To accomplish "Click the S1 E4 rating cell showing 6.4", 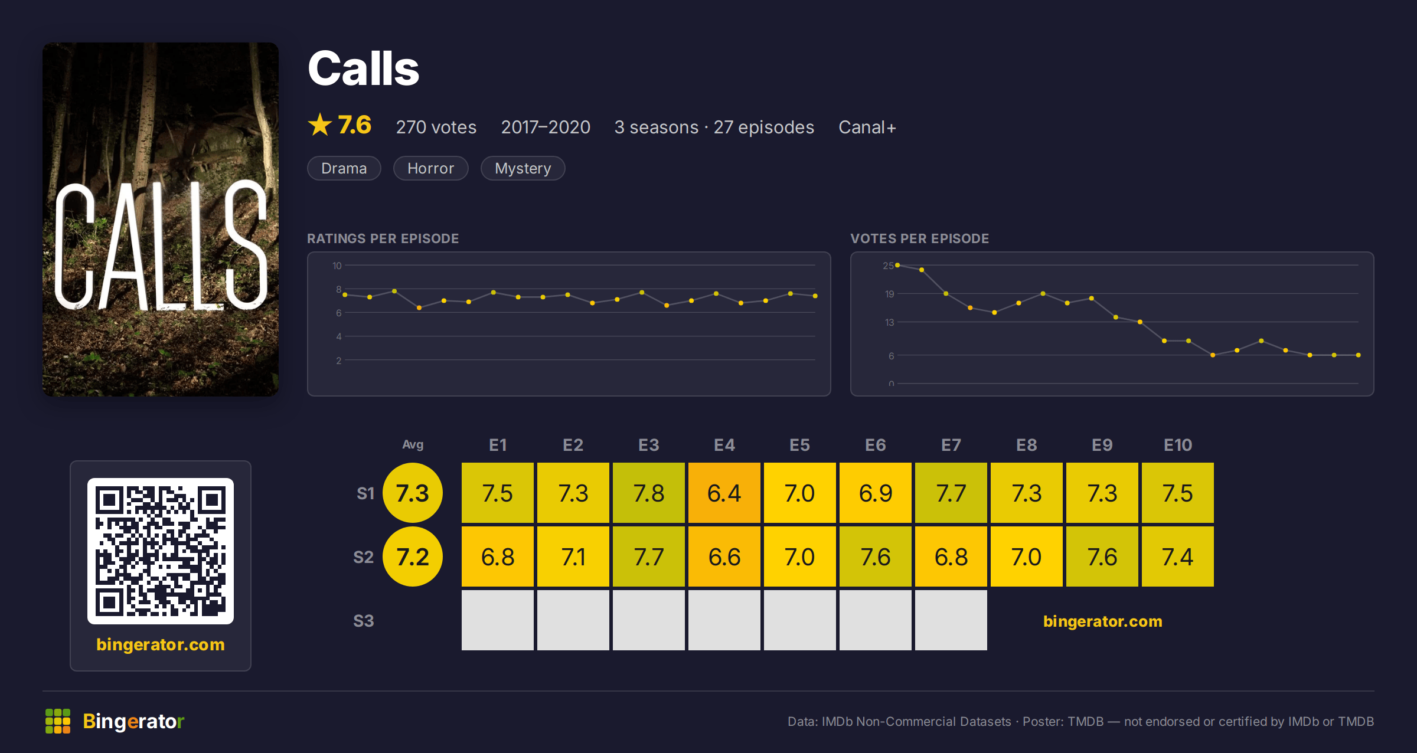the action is [724, 493].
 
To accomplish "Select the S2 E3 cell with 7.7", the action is [648, 556].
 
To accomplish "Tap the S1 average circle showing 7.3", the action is [413, 493].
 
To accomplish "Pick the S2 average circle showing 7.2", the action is [413, 556].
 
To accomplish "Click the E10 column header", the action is [1178, 445].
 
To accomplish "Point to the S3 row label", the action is [364, 621].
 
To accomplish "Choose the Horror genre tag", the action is [431, 168].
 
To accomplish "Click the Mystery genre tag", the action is [523, 168].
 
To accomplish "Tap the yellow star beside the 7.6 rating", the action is [320, 125].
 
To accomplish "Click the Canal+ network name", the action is [867, 127].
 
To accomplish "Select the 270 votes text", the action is [436, 127].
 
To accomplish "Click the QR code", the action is [161, 551].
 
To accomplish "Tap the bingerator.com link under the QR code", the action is [161, 644].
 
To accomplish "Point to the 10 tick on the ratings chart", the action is [337, 266].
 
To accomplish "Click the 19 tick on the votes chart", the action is [889, 294].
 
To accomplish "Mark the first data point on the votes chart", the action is [897, 265].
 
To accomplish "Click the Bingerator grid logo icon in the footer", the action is [58, 721].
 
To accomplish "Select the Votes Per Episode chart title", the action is [920, 238].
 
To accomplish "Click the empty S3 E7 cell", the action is [951, 620].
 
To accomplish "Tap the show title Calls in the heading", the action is [364, 68].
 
